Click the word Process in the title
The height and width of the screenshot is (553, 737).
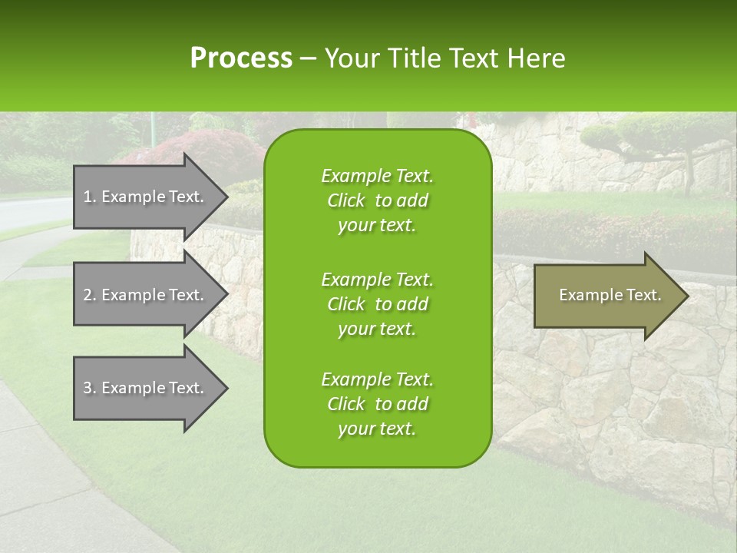pos(241,58)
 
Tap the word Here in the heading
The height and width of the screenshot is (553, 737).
pos(537,58)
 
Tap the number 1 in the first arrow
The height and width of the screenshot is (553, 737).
pos(88,197)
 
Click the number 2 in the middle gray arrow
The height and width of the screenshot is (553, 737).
pos(88,295)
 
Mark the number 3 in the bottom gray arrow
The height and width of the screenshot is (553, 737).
pos(88,388)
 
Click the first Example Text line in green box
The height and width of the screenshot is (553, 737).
pos(377,176)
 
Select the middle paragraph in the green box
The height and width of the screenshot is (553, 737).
pos(377,304)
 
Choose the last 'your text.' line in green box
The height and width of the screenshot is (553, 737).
pos(377,429)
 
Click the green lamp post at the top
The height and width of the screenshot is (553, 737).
pos(152,127)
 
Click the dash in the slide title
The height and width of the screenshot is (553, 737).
pos(308,59)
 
